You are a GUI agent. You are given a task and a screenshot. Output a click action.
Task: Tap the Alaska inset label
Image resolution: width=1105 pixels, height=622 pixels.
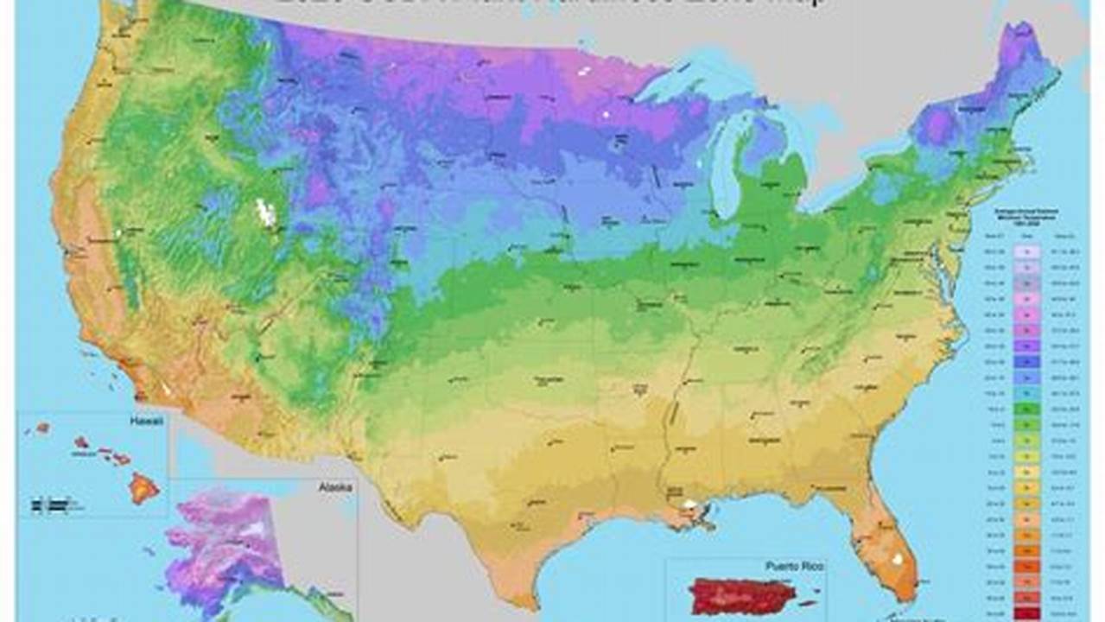tap(335, 488)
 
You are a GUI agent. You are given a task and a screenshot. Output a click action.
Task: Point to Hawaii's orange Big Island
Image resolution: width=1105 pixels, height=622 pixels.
tap(143, 488)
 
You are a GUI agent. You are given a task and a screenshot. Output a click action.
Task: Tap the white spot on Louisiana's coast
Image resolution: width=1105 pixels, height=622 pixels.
tap(689, 503)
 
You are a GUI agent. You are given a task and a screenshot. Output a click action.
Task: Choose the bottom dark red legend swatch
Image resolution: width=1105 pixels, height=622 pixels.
tap(1028, 611)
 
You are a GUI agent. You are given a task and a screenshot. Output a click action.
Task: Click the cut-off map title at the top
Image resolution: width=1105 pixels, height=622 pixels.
tap(553, 4)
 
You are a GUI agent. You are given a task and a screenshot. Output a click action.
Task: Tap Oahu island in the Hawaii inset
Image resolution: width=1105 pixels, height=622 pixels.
tap(82, 441)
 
